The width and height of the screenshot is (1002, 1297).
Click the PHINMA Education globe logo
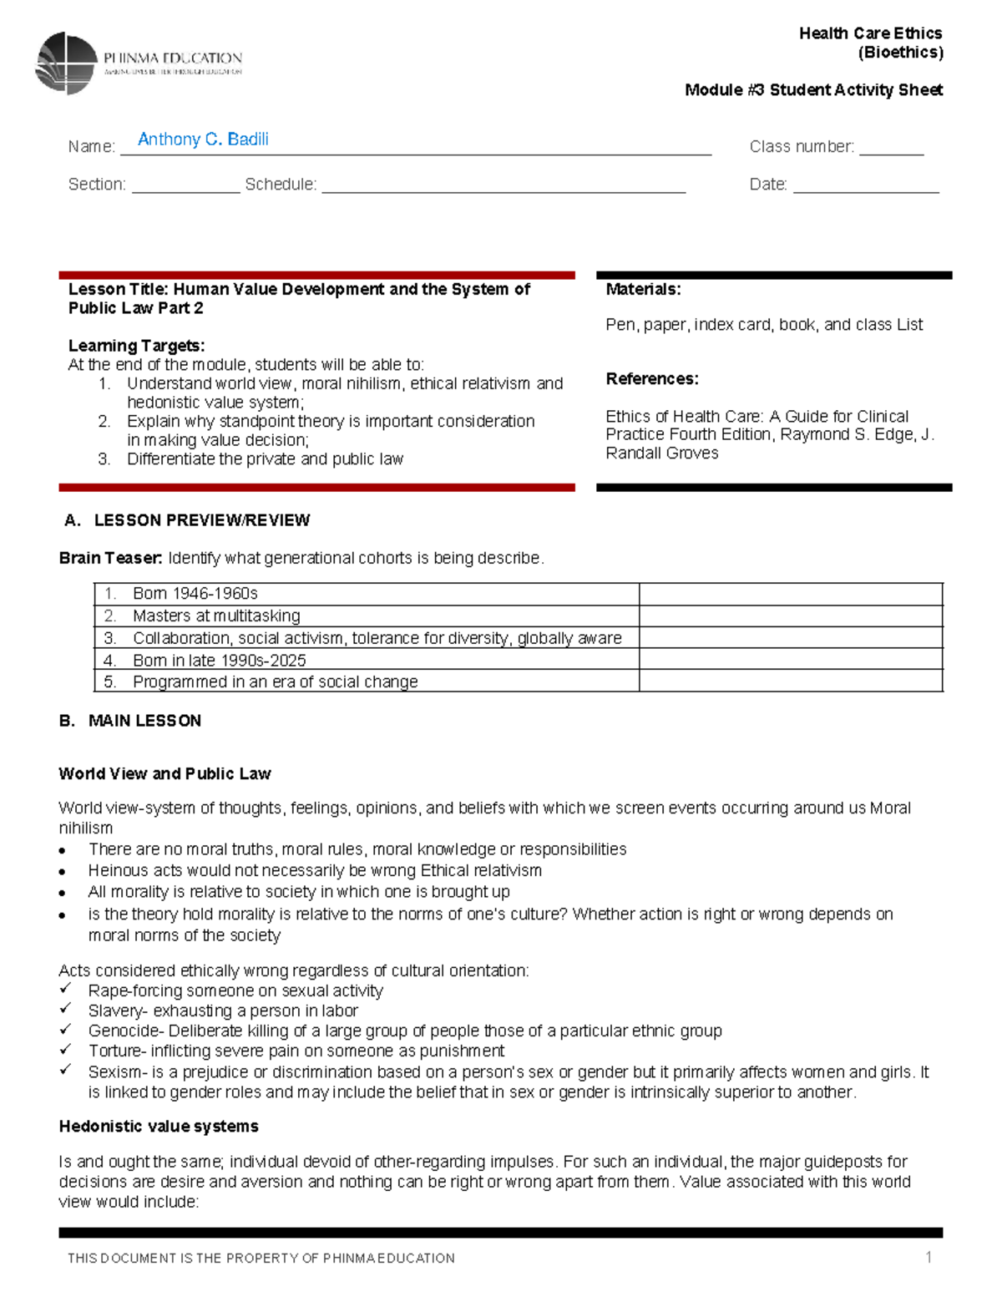click(67, 63)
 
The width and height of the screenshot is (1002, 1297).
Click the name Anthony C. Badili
click(203, 139)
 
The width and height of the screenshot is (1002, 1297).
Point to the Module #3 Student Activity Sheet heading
click(813, 90)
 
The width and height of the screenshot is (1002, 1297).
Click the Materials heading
click(643, 290)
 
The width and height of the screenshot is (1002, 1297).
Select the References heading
click(652, 379)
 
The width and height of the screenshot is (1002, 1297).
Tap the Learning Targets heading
click(136, 346)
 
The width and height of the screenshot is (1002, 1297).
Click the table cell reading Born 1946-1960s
click(195, 594)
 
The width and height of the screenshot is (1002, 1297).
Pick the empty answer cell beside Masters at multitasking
click(790, 616)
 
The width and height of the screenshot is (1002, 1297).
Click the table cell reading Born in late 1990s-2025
click(219, 661)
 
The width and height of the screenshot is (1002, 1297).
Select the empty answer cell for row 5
click(790, 681)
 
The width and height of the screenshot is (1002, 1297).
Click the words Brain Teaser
click(110, 558)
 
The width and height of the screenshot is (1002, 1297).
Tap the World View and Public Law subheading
click(164, 774)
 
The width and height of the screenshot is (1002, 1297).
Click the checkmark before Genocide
click(65, 1030)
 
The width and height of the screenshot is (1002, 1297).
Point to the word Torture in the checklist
click(116, 1051)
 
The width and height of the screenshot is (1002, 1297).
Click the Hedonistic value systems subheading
click(159, 1127)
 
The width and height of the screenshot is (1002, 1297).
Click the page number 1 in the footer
click(928, 1257)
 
